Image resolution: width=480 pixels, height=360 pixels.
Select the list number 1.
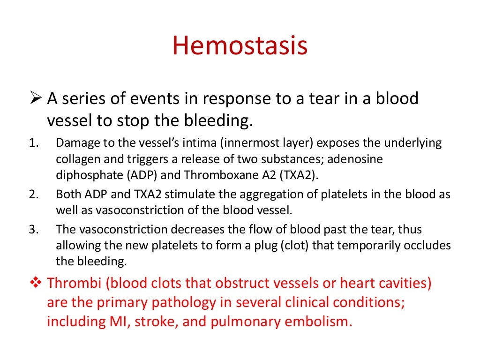(x=32, y=143)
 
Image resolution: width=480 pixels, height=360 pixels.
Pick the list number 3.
(x=32, y=230)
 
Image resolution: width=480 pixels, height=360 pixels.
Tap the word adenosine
(x=354, y=160)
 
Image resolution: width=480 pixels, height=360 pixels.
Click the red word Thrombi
(x=75, y=284)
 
